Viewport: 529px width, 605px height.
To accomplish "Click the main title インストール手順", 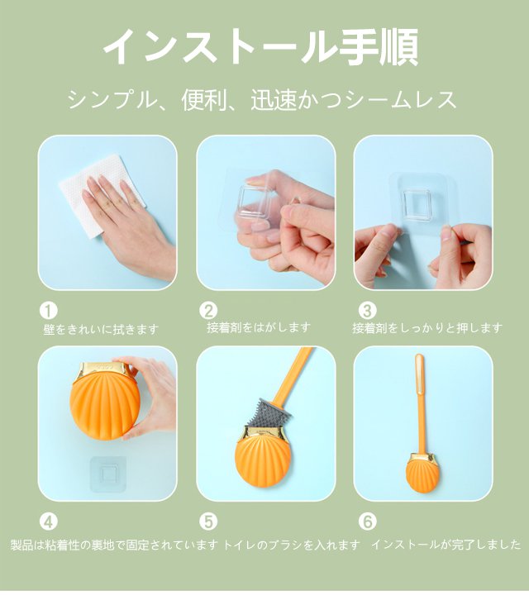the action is [261, 46].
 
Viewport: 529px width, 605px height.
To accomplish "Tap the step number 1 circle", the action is [49, 311].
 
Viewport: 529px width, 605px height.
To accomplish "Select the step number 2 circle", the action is [208, 311].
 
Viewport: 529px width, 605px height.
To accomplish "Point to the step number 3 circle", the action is [367, 311].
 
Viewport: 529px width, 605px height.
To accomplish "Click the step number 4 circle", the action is [49, 522].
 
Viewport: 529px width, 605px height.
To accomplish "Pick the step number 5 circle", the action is [208, 522].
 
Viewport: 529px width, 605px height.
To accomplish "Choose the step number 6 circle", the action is [367, 522].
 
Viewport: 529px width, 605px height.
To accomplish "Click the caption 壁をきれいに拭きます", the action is [101, 329].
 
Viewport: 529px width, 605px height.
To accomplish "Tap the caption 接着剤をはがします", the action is [259, 327].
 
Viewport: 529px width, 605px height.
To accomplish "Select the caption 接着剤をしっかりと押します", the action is [427, 328].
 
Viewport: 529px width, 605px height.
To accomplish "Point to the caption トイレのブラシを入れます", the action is [292, 545].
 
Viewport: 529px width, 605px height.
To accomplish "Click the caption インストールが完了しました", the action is [446, 545].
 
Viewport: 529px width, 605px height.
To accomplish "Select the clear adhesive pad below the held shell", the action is [108, 474].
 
